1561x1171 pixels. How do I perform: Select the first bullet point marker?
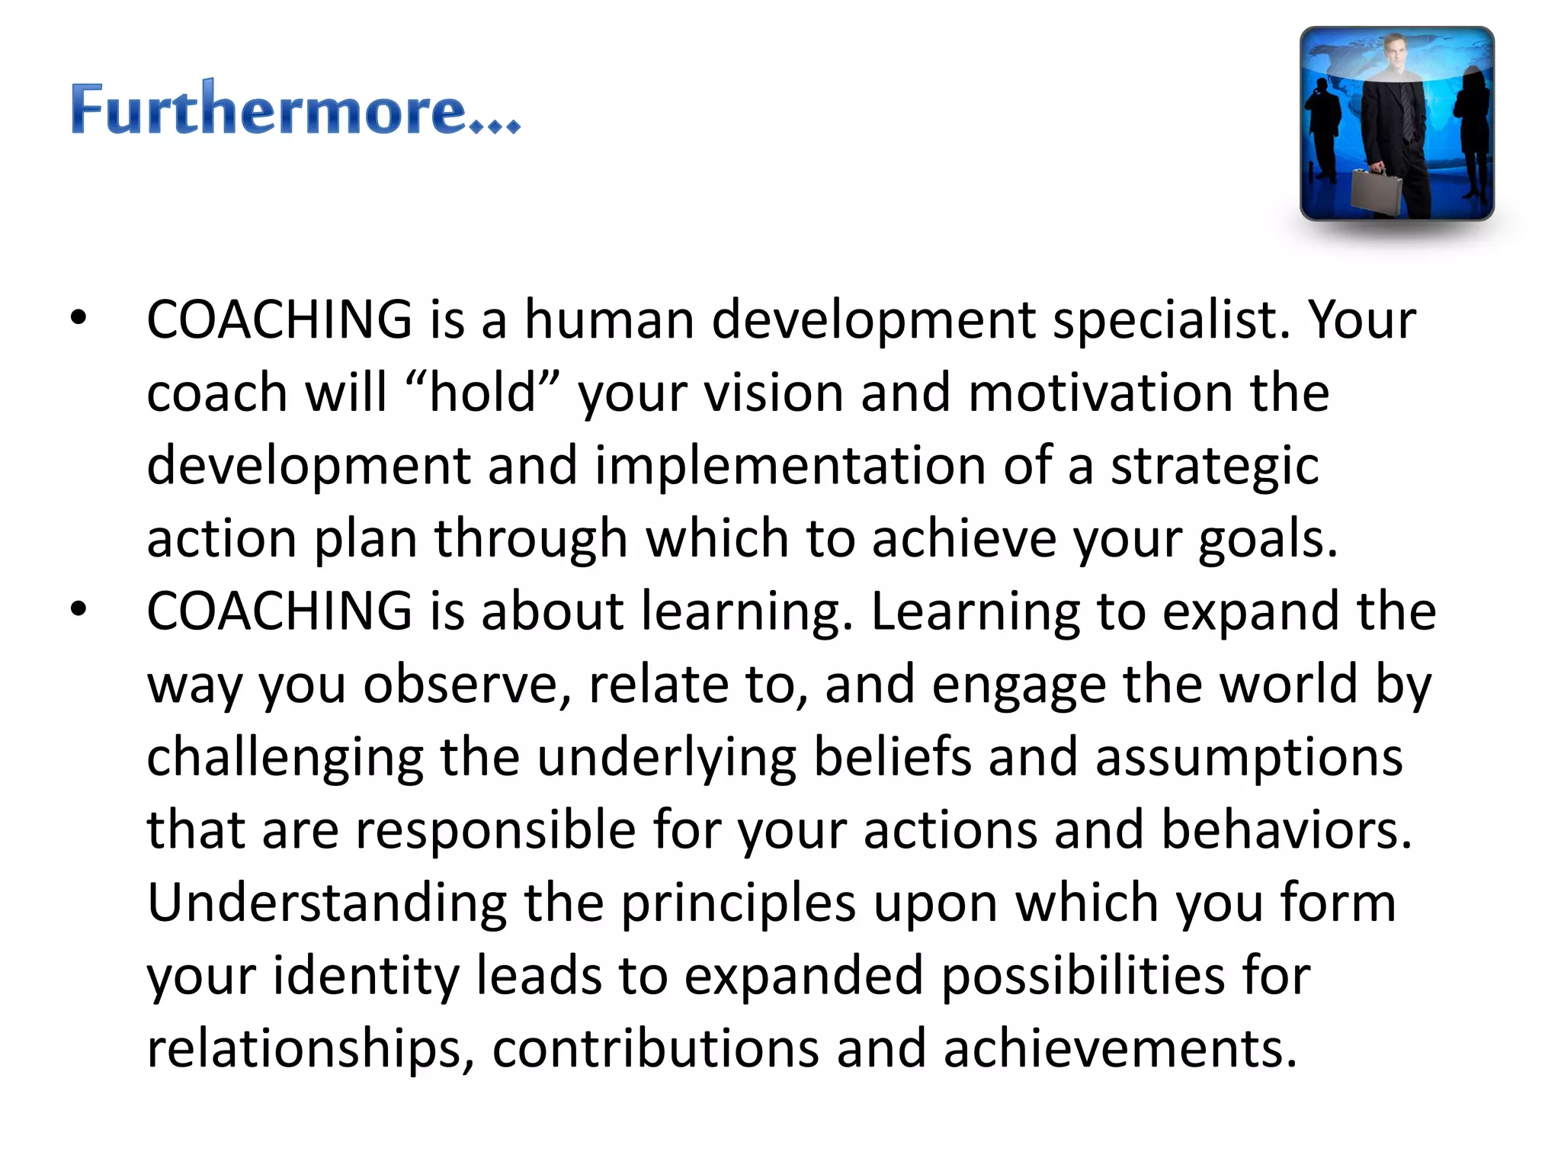coord(79,319)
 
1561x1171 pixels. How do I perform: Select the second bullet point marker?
coord(79,610)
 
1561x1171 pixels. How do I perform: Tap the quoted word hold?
coord(483,392)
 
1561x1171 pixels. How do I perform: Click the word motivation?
coord(1099,392)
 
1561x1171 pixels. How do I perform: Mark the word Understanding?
coord(326,903)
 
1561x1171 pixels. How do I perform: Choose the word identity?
coord(366,976)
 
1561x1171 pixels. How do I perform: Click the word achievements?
coord(1120,1049)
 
